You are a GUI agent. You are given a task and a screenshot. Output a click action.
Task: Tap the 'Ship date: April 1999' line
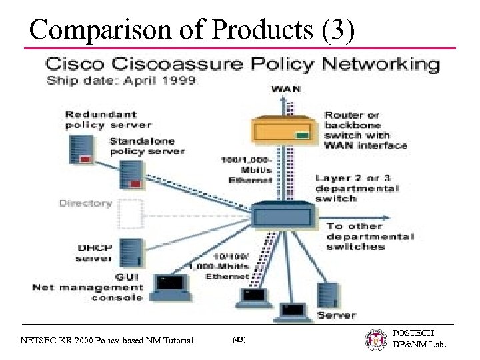click(x=121, y=82)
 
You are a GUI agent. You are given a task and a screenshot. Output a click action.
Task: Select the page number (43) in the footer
click(x=239, y=340)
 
